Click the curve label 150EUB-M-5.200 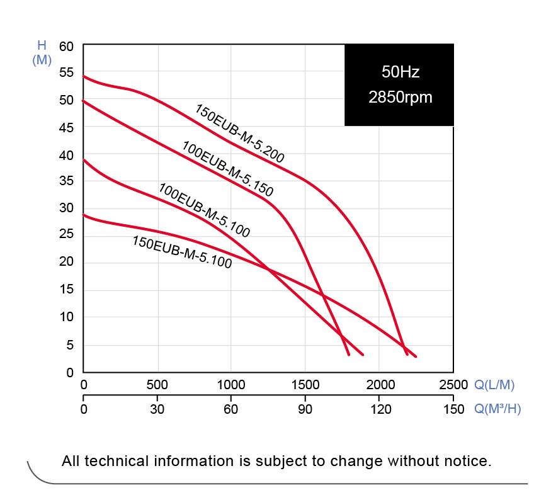239,134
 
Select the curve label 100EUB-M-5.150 228,169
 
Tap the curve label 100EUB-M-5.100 204,210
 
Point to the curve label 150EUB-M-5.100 181,252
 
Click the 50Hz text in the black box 400,72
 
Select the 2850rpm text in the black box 400,98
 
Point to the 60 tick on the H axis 66,47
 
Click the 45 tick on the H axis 66,128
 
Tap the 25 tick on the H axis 66,236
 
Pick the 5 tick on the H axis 69,345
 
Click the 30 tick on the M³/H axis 157,409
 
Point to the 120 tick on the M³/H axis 378,409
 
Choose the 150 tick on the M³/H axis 453,409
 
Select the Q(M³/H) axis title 497,409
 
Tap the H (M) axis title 42,53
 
